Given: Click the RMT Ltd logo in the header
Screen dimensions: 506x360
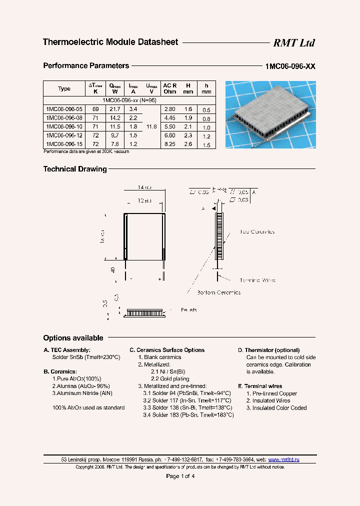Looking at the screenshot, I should (x=293, y=43).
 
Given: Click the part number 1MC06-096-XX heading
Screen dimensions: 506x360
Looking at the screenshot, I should (x=290, y=66).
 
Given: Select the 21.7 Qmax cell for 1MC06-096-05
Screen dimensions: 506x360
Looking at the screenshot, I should (x=115, y=109).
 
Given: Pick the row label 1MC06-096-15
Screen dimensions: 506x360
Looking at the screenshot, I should (x=64, y=144).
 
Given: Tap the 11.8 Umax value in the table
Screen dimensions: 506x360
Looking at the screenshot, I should (x=151, y=126).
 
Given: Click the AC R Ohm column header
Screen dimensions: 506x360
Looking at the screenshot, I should (x=169, y=88).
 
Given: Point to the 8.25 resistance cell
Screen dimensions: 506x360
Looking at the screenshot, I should (x=169, y=144).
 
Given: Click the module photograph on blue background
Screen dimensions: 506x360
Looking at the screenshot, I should (x=270, y=114).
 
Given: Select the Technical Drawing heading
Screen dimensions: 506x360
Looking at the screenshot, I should (x=75, y=169).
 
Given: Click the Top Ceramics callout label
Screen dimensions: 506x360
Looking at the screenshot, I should (x=257, y=232).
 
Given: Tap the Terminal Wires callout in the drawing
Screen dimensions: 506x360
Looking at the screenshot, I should (x=257, y=280).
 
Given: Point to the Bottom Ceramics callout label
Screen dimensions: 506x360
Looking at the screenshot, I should (x=218, y=292).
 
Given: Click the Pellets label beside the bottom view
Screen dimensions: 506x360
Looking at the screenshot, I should (x=188, y=310).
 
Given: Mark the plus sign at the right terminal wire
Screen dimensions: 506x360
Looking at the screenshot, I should (x=160, y=278).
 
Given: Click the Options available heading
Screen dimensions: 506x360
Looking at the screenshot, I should (x=73, y=338).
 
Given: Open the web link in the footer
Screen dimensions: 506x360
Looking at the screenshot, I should (x=283, y=459).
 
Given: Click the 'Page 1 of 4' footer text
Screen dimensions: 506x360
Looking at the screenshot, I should (x=180, y=476).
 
